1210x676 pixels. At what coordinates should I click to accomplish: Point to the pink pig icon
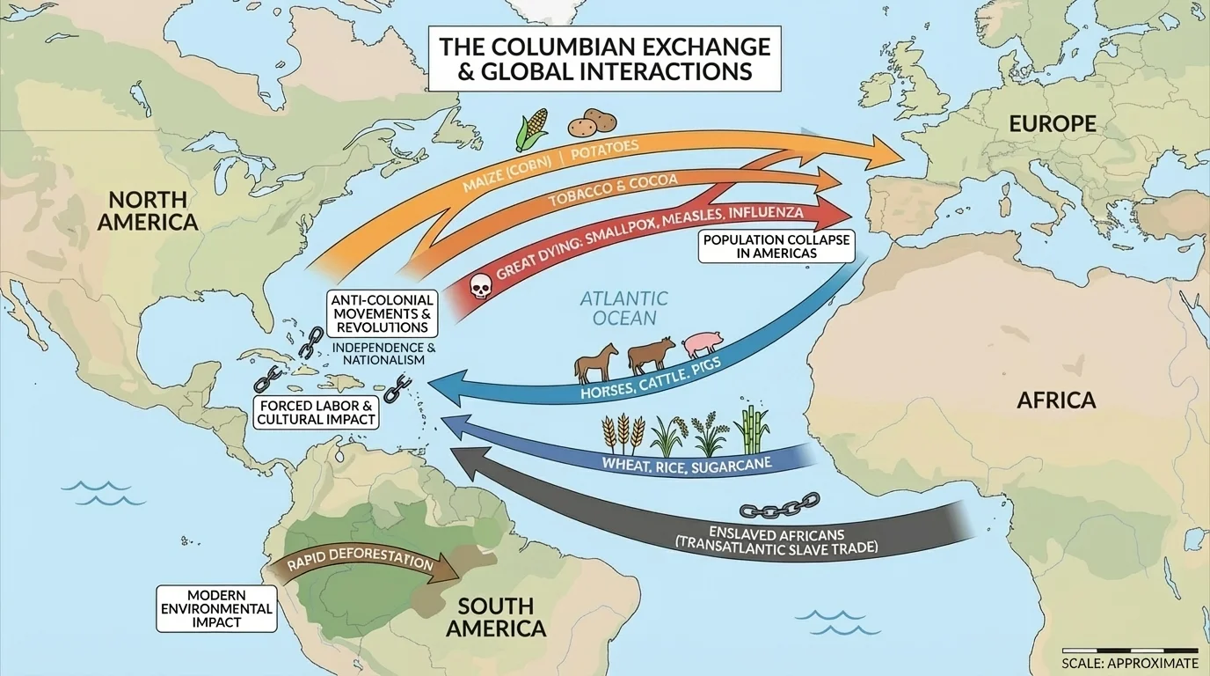[701, 344]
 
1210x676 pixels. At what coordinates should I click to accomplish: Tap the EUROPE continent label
[1052, 124]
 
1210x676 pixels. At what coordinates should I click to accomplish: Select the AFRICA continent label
[1056, 400]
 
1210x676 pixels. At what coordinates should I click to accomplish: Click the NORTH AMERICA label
[148, 210]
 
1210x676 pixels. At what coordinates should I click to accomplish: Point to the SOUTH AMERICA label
[496, 617]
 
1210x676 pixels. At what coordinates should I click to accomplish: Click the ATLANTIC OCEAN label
[623, 308]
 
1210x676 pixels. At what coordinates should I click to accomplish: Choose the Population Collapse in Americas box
[776, 246]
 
